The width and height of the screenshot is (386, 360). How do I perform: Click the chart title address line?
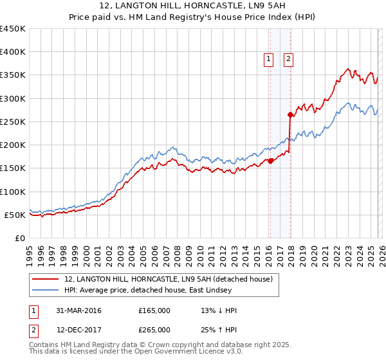192,6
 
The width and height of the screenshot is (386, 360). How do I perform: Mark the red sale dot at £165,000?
270,161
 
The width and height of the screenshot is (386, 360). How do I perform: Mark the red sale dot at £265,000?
290,115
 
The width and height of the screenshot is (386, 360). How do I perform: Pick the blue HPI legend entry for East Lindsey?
154,291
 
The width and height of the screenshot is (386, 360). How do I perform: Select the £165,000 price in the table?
154,310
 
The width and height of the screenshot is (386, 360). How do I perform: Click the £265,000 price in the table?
154,330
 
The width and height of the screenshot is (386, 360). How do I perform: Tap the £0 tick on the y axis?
19,238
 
